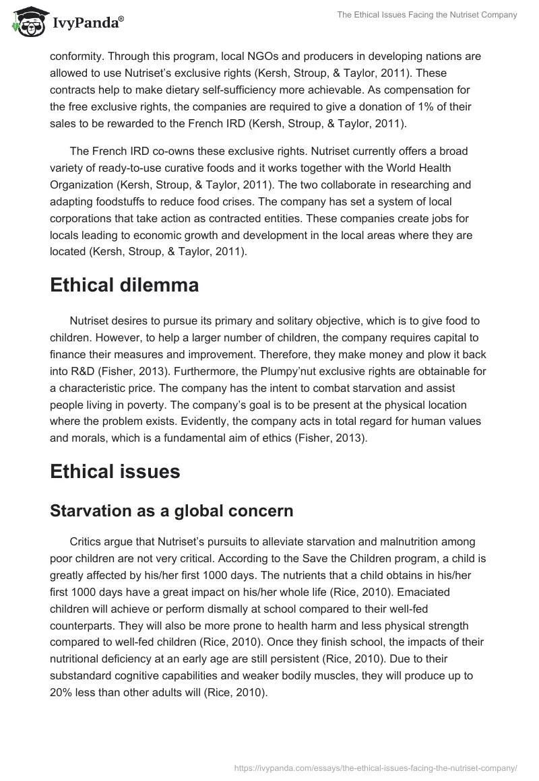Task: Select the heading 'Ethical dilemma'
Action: [124, 285]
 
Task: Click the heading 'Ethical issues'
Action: [115, 471]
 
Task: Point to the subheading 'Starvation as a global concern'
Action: [171, 510]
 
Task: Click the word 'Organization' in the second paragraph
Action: [84, 184]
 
